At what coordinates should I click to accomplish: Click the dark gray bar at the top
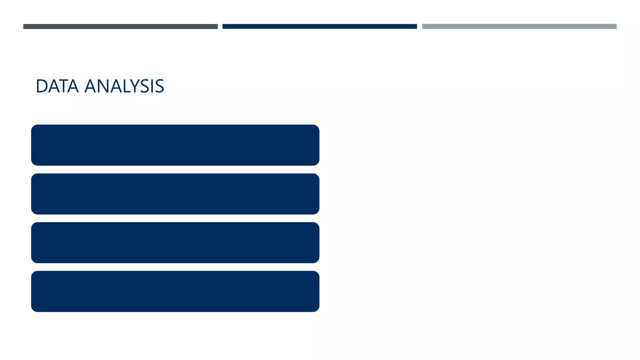pos(120,27)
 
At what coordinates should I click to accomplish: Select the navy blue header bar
pos(319,27)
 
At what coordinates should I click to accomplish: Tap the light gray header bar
pos(519,27)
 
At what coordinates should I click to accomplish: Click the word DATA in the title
pos(57,86)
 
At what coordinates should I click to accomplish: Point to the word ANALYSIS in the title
pos(124,86)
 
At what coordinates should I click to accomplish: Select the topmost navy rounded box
pos(175,145)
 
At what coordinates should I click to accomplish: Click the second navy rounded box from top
pos(175,194)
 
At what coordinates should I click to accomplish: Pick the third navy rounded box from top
pos(175,242)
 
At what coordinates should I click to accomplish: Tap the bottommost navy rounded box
pos(175,291)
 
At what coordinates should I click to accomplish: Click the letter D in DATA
pos(42,86)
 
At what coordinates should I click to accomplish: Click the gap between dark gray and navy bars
pos(220,27)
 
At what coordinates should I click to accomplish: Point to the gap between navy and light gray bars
pos(419,27)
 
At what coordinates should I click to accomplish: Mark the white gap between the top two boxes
pos(175,169)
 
